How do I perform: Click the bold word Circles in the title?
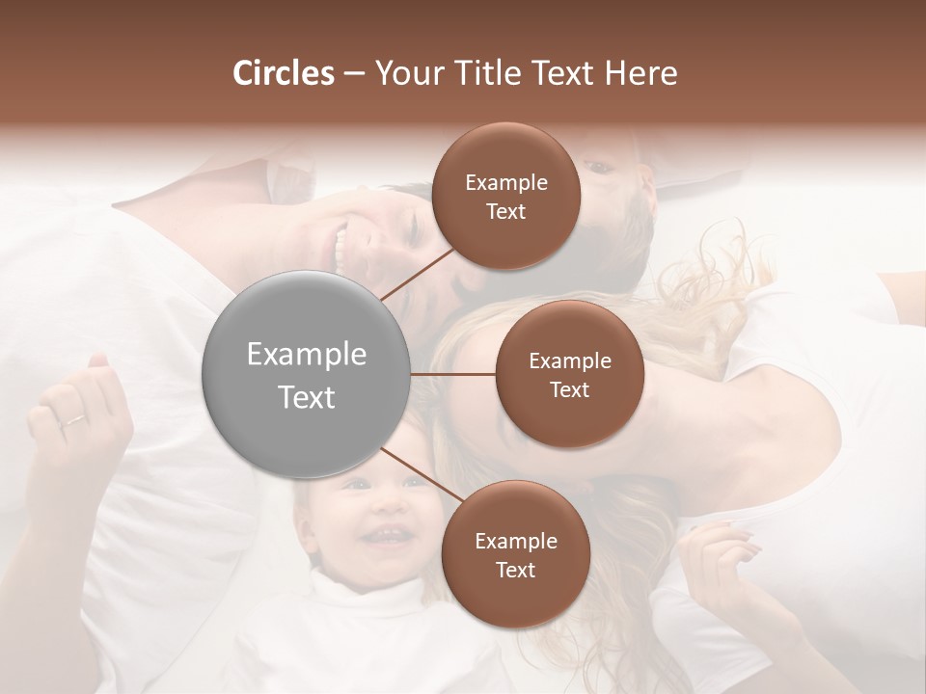point(283,73)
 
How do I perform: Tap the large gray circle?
point(307,374)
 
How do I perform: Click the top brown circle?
point(505,196)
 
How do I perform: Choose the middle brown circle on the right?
point(569,374)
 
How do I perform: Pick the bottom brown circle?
point(515,554)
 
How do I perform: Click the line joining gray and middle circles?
point(452,374)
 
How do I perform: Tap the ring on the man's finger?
point(73,419)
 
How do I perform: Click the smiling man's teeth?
point(340,247)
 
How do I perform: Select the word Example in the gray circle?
point(307,355)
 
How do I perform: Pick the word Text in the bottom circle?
point(515,570)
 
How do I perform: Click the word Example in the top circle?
point(505,182)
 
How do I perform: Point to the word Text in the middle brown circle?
point(569,389)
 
